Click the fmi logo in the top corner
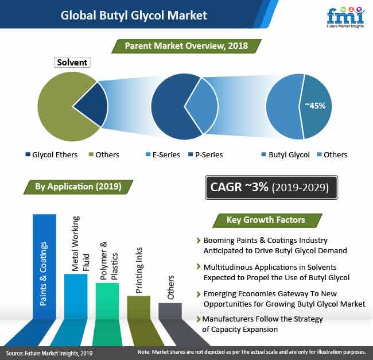(x=345, y=17)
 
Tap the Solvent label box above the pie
(x=72, y=63)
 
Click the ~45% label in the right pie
(x=315, y=106)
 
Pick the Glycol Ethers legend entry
(x=52, y=154)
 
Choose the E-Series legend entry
(x=163, y=154)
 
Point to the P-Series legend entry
(x=205, y=154)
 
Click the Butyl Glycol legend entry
(x=285, y=154)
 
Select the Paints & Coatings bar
(x=45, y=266)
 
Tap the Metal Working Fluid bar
(x=76, y=296)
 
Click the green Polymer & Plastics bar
(x=107, y=301)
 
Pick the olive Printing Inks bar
(x=139, y=307)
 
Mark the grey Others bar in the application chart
(x=170, y=311)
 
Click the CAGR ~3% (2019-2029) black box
(x=271, y=188)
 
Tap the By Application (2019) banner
(x=78, y=187)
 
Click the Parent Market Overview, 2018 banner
(x=187, y=46)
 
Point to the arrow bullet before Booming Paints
(x=199, y=241)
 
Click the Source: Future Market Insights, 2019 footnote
(x=49, y=353)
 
